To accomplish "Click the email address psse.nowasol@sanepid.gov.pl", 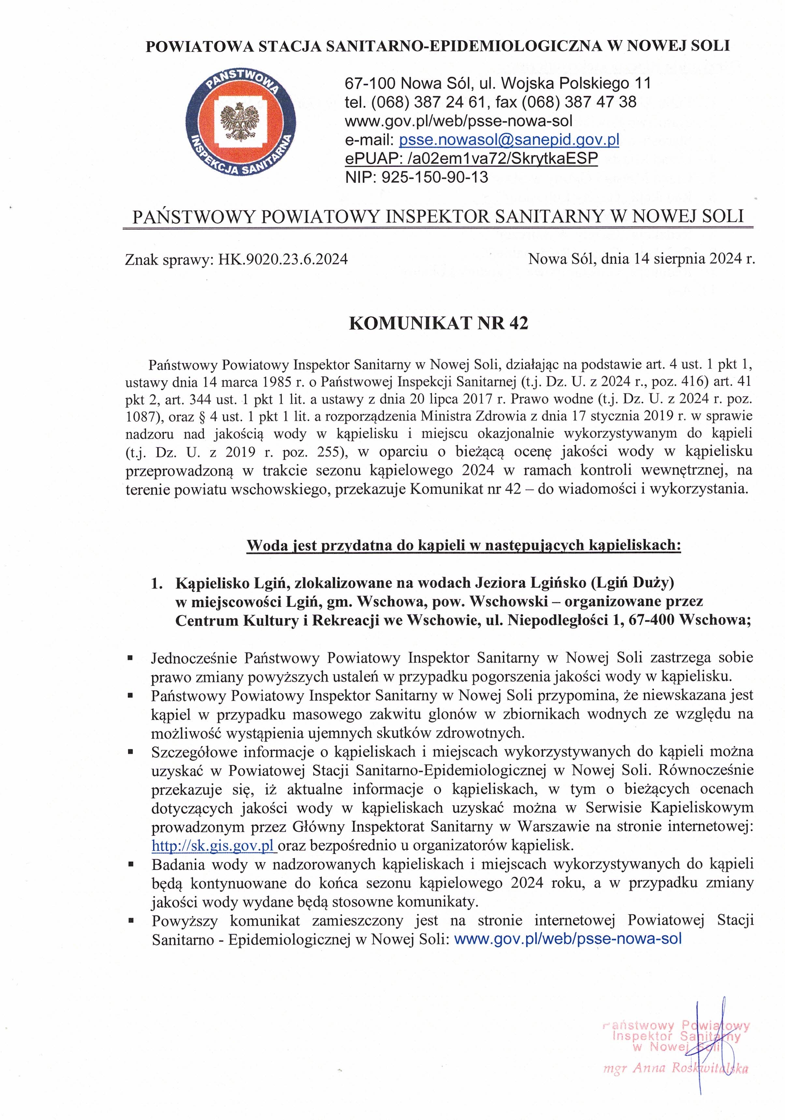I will pyautogui.click(x=509, y=140).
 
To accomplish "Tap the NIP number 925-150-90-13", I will pyautogui.click(x=434, y=177).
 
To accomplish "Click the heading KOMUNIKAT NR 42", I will pyautogui.click(x=438, y=323).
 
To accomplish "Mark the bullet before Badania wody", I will pyautogui.click(x=130, y=865).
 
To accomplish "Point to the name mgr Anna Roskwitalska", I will pyautogui.click(x=675, y=1069).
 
